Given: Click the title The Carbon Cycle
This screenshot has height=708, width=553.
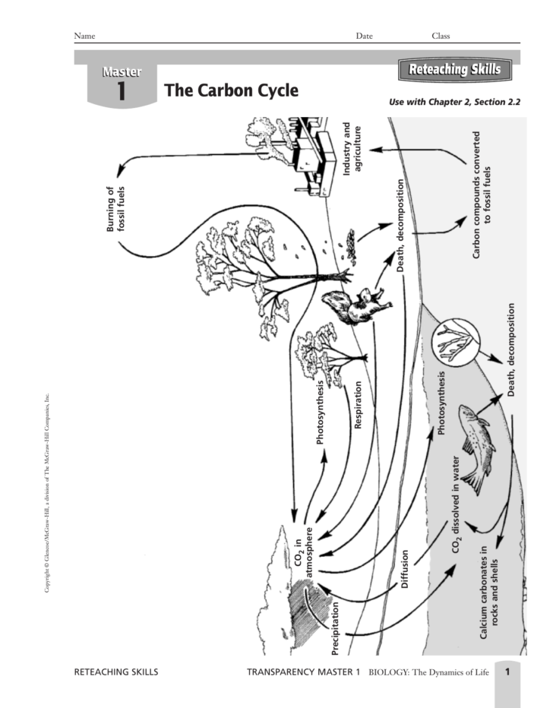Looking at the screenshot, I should click(x=232, y=91).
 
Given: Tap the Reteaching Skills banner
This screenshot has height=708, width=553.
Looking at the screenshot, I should click(x=454, y=71).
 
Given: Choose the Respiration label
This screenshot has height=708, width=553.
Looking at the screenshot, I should click(x=358, y=405).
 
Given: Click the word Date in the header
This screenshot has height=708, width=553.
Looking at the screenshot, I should click(x=364, y=36).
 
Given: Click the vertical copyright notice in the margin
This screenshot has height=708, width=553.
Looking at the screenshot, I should click(x=46, y=494).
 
